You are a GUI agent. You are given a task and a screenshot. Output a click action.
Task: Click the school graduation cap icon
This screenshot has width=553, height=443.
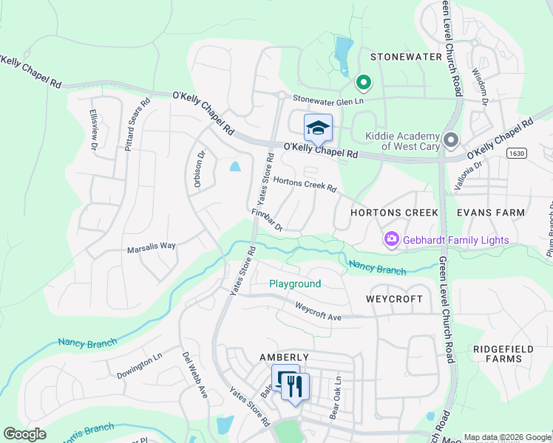pos(318,128)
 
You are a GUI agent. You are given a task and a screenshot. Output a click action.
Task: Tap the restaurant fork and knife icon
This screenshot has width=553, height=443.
pos(296,384)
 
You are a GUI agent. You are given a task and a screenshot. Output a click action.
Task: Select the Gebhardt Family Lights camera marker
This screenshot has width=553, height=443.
pos(390,239)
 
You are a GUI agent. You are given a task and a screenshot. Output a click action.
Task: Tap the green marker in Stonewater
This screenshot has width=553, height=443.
pos(363,83)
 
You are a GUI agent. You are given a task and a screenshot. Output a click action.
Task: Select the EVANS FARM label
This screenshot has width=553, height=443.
pos(490,213)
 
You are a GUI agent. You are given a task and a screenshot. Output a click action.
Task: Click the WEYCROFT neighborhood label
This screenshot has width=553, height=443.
pos(394,299)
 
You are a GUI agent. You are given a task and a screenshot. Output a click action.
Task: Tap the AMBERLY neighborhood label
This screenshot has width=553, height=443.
pos(283,357)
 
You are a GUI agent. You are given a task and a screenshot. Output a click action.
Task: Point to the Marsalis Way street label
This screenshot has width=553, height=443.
pos(151,247)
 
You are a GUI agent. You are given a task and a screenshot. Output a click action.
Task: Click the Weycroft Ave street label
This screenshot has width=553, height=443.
pos(318,309)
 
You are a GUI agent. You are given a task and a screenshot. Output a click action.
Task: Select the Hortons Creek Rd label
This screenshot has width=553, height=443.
pos(305,184)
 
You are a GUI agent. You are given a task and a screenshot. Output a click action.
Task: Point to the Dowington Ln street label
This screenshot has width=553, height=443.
pos(139,365)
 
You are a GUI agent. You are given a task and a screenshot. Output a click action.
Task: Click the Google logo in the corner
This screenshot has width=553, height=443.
pos(25,434)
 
